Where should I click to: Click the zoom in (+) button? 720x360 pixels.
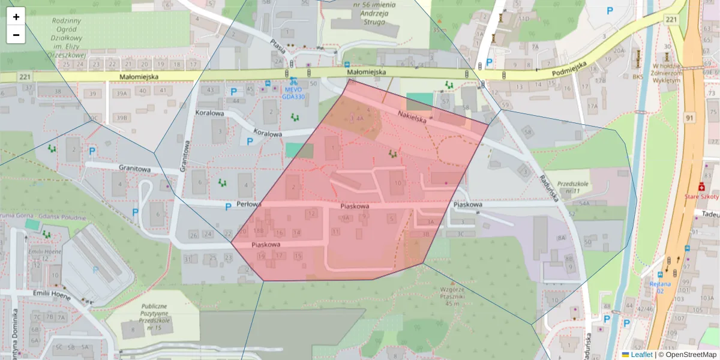(x=16, y=17)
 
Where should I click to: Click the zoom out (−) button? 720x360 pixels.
(x=16, y=35)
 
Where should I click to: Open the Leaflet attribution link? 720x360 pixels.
(x=641, y=355)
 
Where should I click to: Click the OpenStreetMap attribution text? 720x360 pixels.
(x=691, y=355)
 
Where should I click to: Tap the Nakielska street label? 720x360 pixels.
(x=412, y=116)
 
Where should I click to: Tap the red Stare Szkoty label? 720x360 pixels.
(x=703, y=196)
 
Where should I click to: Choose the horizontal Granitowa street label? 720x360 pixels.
(x=134, y=169)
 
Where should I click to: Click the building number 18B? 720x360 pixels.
(x=259, y=230)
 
